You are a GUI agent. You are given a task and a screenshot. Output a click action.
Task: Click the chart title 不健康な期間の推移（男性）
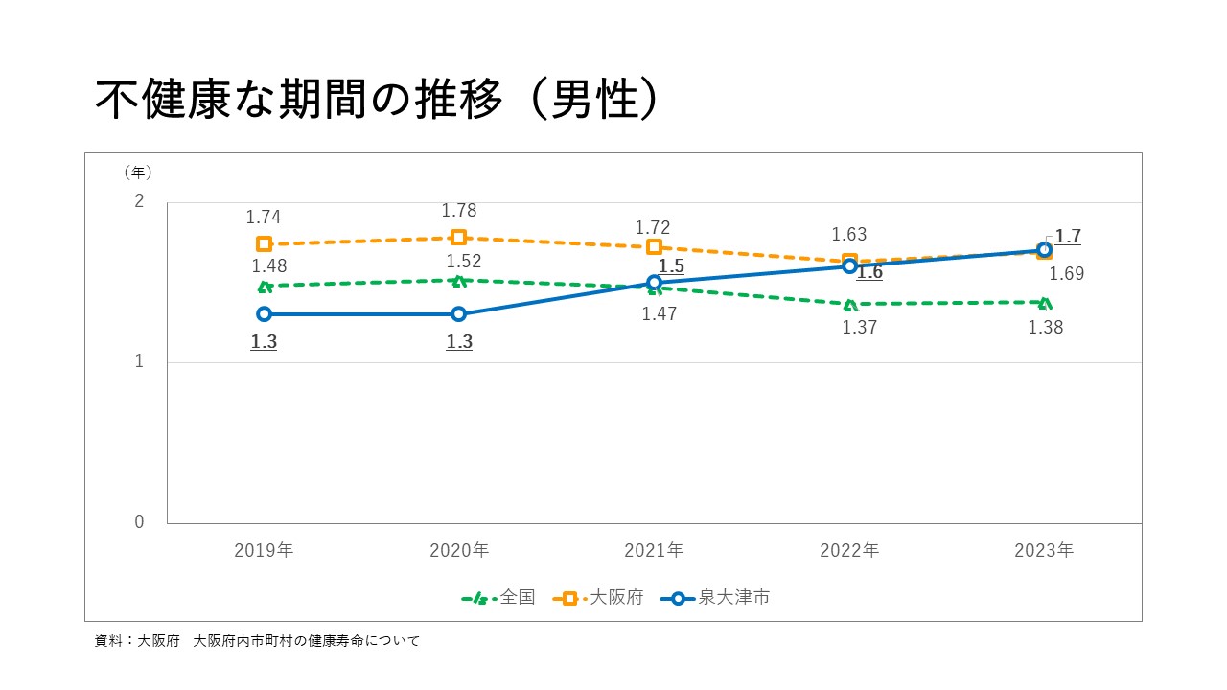[377, 100]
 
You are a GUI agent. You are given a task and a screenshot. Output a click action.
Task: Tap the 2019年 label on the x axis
[264, 551]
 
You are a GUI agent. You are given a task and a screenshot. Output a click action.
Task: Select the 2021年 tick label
[654, 551]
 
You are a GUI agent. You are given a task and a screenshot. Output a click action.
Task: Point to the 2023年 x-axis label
[1044, 551]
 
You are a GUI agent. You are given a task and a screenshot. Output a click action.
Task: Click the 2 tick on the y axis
[139, 202]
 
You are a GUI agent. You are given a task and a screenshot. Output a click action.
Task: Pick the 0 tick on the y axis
[139, 522]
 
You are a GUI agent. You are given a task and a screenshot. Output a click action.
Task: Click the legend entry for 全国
[498, 598]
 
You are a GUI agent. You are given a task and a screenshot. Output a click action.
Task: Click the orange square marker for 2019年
[264, 244]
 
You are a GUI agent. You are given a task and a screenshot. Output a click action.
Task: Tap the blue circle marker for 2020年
[458, 314]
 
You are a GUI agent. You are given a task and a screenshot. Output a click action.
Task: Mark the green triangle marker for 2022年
[849, 305]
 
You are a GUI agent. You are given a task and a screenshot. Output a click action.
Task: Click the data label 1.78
[458, 211]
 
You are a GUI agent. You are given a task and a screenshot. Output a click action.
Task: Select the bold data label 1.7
[1068, 237]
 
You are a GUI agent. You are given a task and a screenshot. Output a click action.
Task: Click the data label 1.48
[269, 266]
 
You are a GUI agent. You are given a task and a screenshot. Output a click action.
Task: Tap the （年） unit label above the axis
[137, 172]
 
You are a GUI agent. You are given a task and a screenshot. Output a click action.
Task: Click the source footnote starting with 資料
[257, 641]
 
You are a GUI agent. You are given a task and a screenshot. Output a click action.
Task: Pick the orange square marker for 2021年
[654, 247]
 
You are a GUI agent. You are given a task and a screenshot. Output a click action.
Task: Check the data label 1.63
[849, 235]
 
